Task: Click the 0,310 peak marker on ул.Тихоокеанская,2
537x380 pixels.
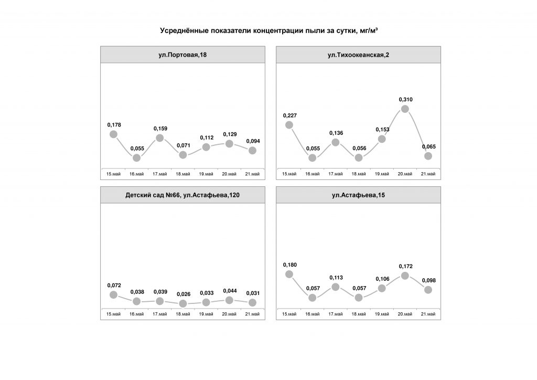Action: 405,109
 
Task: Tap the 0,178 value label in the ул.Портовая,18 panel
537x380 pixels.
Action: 114,124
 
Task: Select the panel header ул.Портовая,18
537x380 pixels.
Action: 182,55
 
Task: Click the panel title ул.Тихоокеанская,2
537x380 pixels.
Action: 358,55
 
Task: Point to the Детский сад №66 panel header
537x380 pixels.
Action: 182,195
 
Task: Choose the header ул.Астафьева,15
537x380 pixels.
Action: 358,195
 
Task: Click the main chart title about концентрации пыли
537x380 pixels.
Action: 268,31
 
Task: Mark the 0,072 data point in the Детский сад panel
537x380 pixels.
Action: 114,294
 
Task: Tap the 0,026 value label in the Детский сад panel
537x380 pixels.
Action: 183,294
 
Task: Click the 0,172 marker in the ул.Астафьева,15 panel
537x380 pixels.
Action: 405,276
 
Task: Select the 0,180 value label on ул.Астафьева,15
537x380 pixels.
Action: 289,265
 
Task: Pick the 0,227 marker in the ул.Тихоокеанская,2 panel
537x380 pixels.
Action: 289,125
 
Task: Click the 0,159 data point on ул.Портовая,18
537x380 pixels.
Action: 160,138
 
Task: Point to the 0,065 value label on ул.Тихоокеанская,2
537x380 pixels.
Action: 428,146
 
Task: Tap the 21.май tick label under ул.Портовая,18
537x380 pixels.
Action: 252,174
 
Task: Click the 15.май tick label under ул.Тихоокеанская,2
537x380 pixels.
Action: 289,174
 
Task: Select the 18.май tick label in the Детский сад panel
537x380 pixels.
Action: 183,314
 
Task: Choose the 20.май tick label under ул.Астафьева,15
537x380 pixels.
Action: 405,314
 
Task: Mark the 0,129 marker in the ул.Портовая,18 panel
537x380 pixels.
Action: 229,144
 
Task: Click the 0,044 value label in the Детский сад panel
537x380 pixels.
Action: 229,290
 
